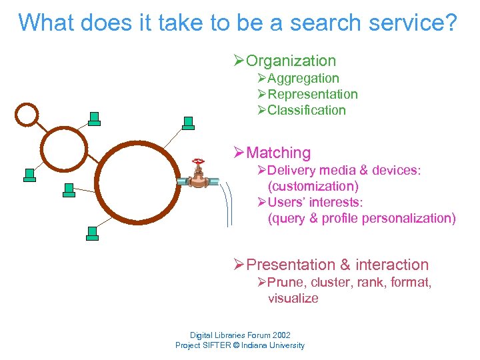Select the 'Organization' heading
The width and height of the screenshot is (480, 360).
291,61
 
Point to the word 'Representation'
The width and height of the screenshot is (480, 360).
313,95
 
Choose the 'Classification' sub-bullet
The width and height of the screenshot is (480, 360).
307,111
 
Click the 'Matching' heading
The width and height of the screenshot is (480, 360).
278,153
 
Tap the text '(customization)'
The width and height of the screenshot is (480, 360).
313,187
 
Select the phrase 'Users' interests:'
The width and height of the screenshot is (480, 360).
315,203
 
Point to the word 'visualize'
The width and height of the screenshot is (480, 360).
293,299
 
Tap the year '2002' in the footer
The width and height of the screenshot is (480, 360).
278,335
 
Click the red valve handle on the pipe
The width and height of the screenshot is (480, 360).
197,161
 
